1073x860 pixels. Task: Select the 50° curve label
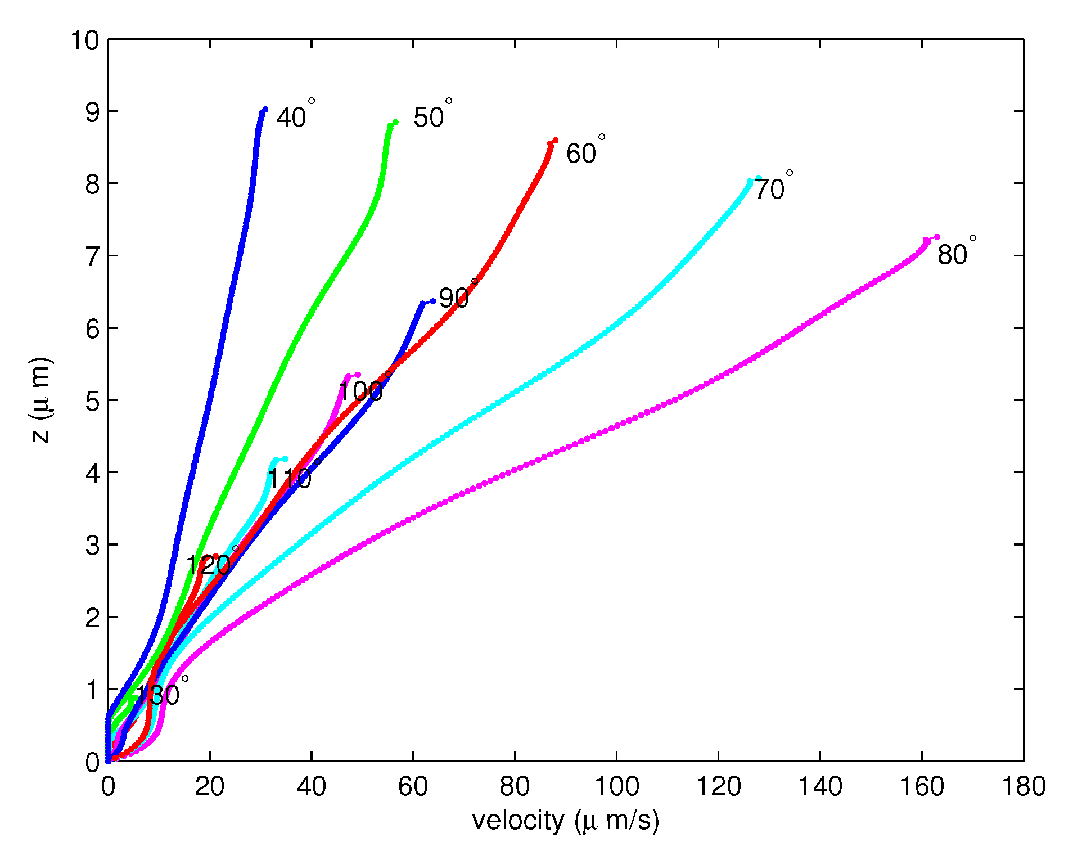click(432, 115)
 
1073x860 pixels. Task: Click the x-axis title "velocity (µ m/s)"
click(565, 821)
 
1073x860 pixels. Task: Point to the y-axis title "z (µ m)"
click(41, 400)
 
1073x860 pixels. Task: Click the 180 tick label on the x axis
click(1023, 786)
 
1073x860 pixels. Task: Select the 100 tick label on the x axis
click(616, 786)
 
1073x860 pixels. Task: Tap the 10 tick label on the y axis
click(84, 40)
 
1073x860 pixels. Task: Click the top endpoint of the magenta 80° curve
click(937, 237)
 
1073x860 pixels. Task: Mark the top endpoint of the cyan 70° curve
click(758, 179)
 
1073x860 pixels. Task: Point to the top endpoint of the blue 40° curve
click(265, 109)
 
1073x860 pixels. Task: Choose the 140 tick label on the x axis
click(820, 786)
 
